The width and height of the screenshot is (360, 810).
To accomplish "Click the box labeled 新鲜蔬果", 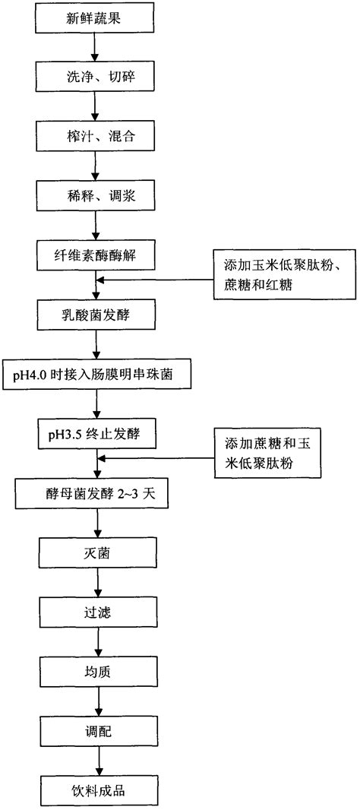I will click(x=93, y=21).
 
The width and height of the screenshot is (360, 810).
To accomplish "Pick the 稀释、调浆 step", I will click(x=93, y=195).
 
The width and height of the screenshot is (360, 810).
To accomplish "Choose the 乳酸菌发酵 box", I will click(x=93, y=313).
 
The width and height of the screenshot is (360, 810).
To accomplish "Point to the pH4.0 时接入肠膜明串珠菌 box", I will click(x=93, y=374).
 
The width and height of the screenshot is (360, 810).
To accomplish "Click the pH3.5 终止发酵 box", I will click(x=93, y=434).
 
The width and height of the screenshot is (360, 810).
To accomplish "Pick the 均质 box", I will click(x=93, y=670).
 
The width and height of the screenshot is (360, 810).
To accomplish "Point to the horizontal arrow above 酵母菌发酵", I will click(x=156, y=458).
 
